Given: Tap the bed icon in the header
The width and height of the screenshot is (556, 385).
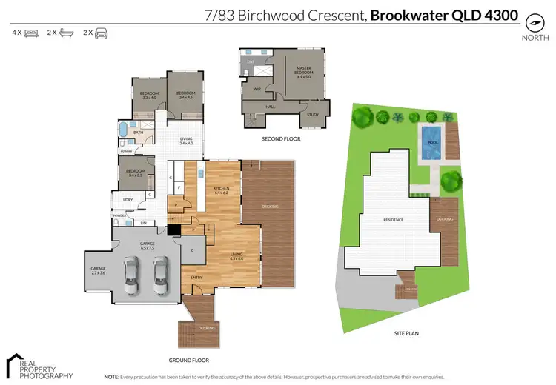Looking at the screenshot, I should click(x=31, y=33).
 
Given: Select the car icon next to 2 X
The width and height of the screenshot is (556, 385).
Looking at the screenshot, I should click(x=101, y=33).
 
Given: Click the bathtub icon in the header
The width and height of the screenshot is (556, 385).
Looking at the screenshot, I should click(x=66, y=33).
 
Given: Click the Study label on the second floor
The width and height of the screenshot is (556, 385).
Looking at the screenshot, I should click(x=312, y=114).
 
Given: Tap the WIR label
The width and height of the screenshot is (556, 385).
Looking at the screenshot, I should click(x=257, y=88).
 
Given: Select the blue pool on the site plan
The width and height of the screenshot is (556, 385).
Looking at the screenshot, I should click(x=430, y=143).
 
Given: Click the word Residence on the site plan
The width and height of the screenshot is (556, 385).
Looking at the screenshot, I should click(x=394, y=220).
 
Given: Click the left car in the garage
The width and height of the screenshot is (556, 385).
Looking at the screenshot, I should click(x=130, y=276).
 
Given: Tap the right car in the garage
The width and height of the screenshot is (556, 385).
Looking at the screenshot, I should click(x=161, y=276).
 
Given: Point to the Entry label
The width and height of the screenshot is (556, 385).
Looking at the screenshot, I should click(x=196, y=278).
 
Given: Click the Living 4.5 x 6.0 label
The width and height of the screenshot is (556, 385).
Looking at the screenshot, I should click(x=236, y=256).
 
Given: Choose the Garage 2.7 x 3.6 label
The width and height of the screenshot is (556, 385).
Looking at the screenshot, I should click(x=99, y=270).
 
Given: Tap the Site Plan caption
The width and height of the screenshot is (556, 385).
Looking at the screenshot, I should click(x=407, y=334).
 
